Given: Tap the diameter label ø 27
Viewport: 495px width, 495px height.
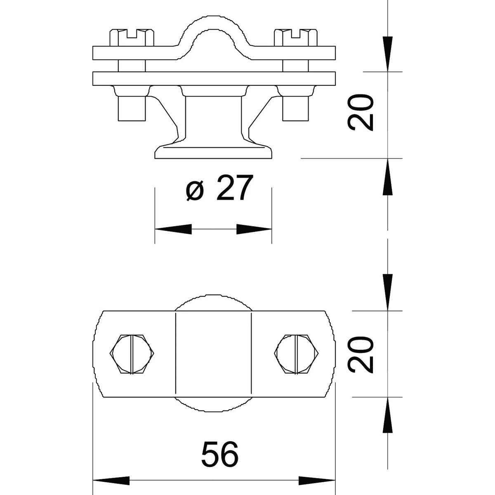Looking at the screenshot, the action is [219, 188].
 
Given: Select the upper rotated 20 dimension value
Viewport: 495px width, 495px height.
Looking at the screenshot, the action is [360, 113].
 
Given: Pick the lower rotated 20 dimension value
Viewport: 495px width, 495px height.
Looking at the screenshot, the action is [360, 354].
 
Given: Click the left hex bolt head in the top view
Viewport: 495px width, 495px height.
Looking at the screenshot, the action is [132, 354].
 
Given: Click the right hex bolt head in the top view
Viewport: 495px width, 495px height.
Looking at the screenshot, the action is [296, 354].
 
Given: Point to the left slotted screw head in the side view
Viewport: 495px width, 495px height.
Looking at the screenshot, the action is [132, 38].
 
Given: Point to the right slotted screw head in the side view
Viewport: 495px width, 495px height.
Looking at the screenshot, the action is [296, 38].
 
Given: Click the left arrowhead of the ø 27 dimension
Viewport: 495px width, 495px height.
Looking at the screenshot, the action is [173, 229].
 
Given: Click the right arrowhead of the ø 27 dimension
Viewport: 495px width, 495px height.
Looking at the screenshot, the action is [254, 229].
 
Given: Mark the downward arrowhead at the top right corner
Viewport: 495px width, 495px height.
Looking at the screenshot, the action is [388, 54].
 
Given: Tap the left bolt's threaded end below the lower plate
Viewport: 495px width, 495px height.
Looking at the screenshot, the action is [132, 108].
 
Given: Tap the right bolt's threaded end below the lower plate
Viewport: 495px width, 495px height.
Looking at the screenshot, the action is [295, 108].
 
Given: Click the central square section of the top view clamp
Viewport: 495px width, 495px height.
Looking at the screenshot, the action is [213, 354].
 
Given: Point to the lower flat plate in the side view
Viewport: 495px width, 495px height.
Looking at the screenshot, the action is [214, 79].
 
